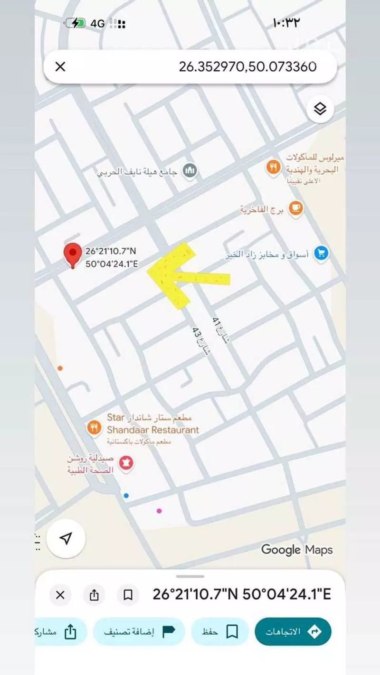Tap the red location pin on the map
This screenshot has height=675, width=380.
coord(72,254)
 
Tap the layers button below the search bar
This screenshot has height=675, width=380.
coord(320,109)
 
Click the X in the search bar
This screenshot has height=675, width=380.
coord(60,67)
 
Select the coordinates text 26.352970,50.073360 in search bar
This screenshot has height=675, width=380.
coord(247,67)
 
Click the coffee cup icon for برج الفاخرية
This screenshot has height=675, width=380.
coord(296,209)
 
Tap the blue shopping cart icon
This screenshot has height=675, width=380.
coord(322,253)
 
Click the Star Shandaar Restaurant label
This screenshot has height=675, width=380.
coord(152,424)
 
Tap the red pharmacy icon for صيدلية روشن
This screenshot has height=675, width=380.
coord(126,462)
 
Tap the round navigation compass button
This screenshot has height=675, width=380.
coord(66,538)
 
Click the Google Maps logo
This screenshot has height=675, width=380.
coord(296,550)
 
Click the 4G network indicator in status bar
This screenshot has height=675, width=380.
coord(97,23)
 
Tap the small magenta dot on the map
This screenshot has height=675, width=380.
coord(159,511)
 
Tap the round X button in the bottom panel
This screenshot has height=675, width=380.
coord(60,595)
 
